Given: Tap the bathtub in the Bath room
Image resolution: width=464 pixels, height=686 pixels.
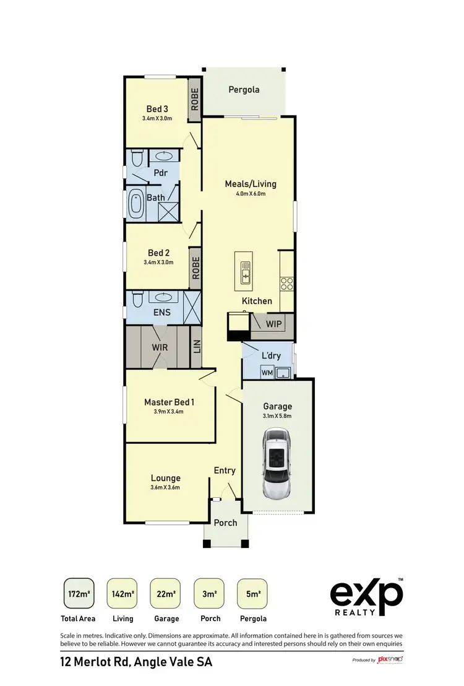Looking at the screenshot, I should click(135, 205).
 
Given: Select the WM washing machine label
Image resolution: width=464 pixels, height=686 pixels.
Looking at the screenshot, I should click(267, 373).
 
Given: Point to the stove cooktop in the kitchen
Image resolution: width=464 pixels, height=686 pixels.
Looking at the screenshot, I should click(287, 283).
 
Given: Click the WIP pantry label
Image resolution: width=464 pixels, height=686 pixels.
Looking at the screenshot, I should click(274, 324).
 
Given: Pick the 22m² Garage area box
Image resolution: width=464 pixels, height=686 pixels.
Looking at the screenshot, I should click(165, 594).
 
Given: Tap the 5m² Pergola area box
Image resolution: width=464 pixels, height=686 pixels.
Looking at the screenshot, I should click(252, 594).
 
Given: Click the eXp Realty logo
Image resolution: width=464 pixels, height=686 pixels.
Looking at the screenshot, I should click(366, 597).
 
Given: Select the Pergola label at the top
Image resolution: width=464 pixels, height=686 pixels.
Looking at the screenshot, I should click(244, 90).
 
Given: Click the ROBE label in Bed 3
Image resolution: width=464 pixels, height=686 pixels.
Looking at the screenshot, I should click(195, 99).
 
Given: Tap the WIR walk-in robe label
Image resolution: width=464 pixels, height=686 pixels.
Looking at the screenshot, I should click(160, 347).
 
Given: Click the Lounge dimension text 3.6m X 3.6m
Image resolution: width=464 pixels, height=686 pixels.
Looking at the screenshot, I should click(165, 488).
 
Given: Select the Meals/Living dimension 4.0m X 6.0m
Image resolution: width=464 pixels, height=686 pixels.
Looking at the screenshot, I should click(250, 194).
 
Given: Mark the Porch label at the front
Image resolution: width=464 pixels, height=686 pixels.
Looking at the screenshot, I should click(225, 523).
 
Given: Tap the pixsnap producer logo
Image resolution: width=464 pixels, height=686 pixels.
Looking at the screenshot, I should click(390, 660).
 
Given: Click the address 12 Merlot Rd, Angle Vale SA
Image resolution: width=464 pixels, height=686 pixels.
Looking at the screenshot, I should click(136, 662).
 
